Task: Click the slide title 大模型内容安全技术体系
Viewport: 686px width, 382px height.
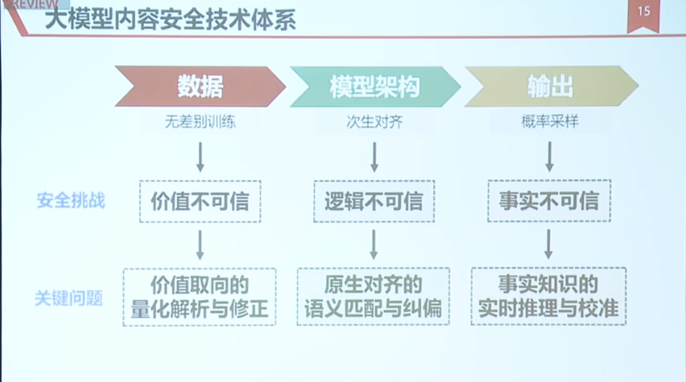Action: (171, 20)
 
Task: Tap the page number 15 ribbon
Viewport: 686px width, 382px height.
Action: (643, 16)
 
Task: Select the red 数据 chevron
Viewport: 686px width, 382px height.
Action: (200, 86)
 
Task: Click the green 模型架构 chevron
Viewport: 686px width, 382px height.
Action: (375, 86)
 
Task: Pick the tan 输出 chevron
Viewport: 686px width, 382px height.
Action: (550, 86)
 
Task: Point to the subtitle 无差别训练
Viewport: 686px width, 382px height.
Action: (200, 121)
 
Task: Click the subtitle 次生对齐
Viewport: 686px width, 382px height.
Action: (374, 121)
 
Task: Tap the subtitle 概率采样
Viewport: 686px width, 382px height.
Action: (550, 121)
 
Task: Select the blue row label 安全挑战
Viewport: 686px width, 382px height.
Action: (71, 200)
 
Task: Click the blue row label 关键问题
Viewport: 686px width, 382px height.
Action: (69, 298)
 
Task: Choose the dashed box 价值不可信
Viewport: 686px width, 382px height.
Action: (200, 201)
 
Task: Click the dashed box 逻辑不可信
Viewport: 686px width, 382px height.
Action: (374, 201)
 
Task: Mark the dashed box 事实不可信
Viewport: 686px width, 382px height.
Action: (549, 200)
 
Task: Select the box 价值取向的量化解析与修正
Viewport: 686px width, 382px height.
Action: (200, 297)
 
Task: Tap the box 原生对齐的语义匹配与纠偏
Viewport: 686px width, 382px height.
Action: (373, 296)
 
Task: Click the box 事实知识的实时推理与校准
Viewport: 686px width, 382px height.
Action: (549, 296)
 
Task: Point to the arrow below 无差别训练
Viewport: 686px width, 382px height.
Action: (200, 157)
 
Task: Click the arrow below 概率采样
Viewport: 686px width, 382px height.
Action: (550, 156)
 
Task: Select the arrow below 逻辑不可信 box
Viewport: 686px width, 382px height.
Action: (373, 245)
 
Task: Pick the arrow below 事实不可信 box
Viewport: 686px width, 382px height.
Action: (549, 244)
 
